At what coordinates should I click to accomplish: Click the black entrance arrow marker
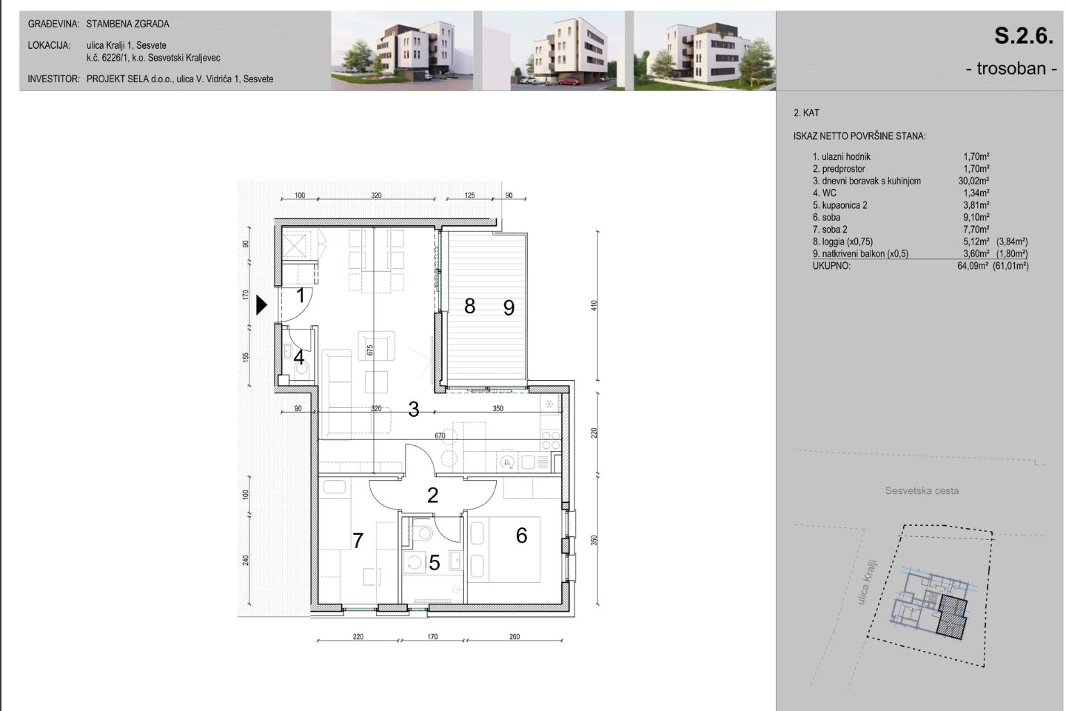coord(261,305)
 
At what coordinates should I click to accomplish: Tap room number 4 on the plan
coord(299,357)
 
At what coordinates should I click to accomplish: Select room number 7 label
coord(358,541)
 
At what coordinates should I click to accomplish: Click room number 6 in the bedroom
coord(522,535)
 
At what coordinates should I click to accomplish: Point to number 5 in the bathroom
coord(434,563)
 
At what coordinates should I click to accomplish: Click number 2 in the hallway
coord(432,495)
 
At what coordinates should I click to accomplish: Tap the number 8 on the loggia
coord(469,306)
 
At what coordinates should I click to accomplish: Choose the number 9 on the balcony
coord(509,307)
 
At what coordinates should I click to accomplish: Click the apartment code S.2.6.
coord(1024,36)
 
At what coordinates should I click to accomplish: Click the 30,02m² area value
coord(973,181)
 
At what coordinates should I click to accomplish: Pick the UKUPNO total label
coord(831,266)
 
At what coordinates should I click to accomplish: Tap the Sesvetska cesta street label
coord(922,490)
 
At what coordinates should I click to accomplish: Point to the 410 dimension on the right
coord(594,306)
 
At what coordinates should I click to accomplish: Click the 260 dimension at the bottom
coord(514,637)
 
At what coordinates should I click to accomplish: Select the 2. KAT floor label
coord(806,113)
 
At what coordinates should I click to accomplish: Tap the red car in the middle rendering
coord(569,81)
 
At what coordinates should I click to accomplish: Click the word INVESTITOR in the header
coord(53,79)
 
